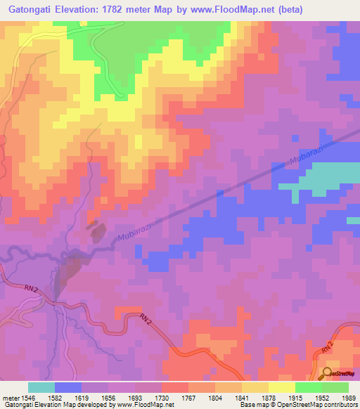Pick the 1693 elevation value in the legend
136,397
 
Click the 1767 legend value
189,397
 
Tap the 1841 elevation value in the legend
242,397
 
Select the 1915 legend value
295,397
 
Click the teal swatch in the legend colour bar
41,387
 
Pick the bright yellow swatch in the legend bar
281,387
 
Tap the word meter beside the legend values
11,397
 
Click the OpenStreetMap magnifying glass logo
328,373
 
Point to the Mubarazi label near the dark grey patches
131,234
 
